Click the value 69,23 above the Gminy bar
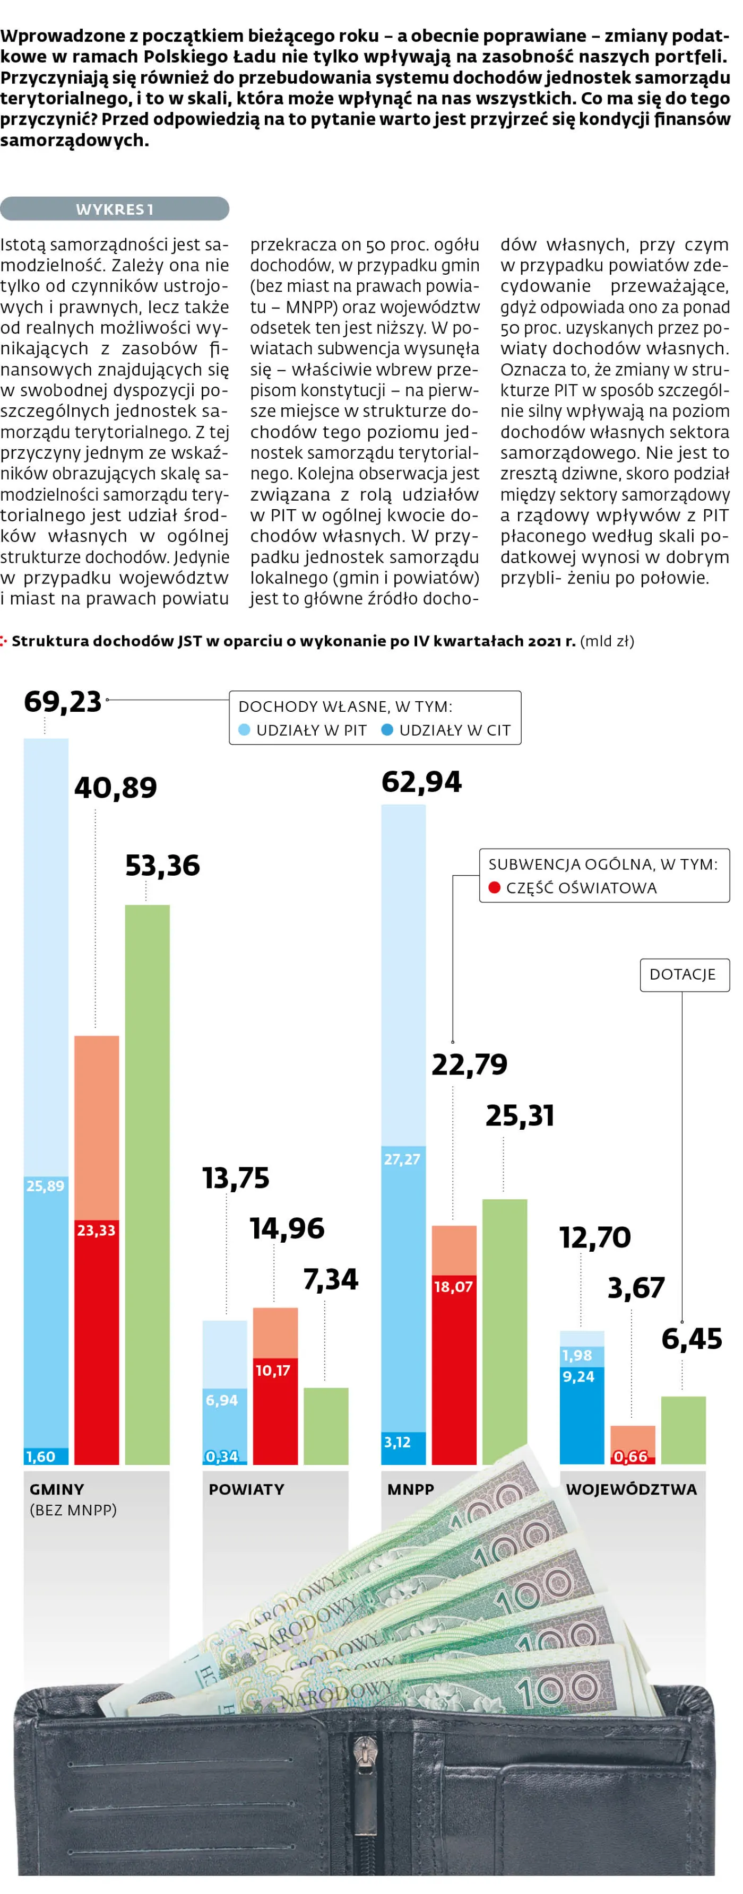point(63,702)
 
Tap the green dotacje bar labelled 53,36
point(147,1184)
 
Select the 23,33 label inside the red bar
point(97,1230)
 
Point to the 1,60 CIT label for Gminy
point(40,1456)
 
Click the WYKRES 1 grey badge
point(114,210)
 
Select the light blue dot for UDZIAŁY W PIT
point(245,730)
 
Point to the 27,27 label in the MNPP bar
point(402,1159)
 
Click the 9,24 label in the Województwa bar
point(578,1376)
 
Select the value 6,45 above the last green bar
point(692,1338)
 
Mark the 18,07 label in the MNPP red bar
point(453,1287)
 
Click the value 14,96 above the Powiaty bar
point(287,1228)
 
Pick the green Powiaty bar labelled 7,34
point(326,1426)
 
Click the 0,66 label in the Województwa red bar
point(630,1456)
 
